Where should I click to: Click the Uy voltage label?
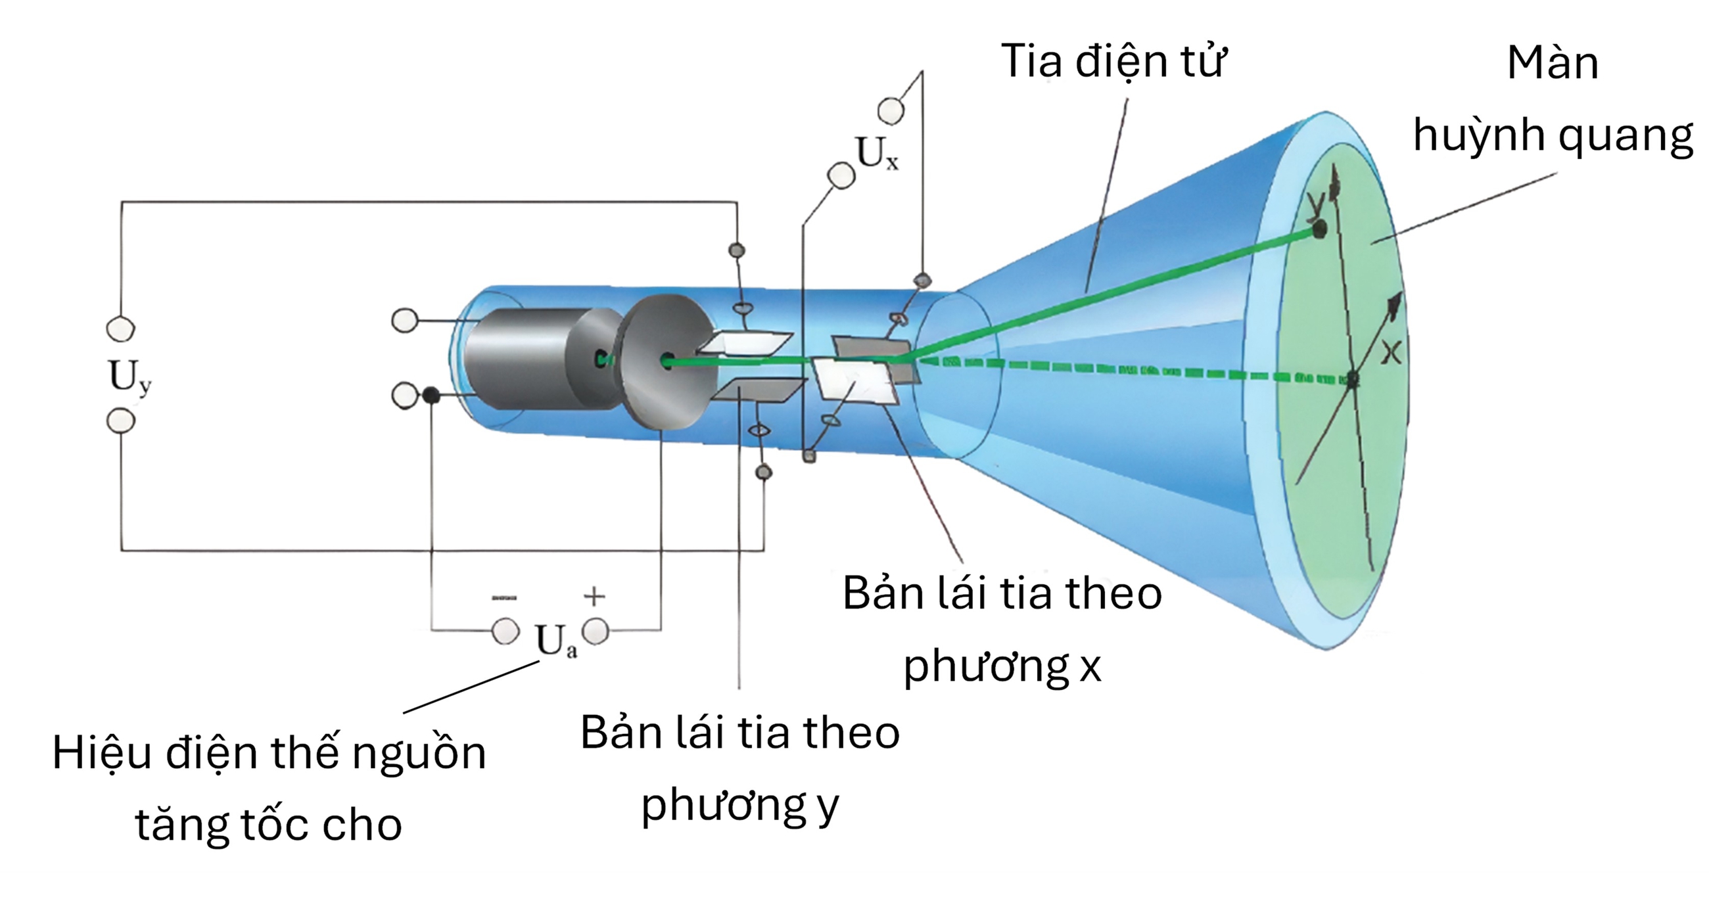(x=130, y=377)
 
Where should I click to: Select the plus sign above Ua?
(x=594, y=596)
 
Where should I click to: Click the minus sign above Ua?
(x=504, y=597)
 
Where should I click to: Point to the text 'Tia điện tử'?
(x=1113, y=61)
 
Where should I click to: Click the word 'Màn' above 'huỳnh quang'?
(x=1553, y=64)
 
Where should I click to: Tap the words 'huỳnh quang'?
(x=1553, y=137)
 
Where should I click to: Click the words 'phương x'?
(x=1002, y=665)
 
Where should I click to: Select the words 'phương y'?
(x=739, y=805)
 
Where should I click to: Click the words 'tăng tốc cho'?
(x=269, y=825)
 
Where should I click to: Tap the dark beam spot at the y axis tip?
(x=1320, y=229)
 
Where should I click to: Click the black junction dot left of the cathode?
(x=431, y=396)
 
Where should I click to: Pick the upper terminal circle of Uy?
(x=121, y=329)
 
